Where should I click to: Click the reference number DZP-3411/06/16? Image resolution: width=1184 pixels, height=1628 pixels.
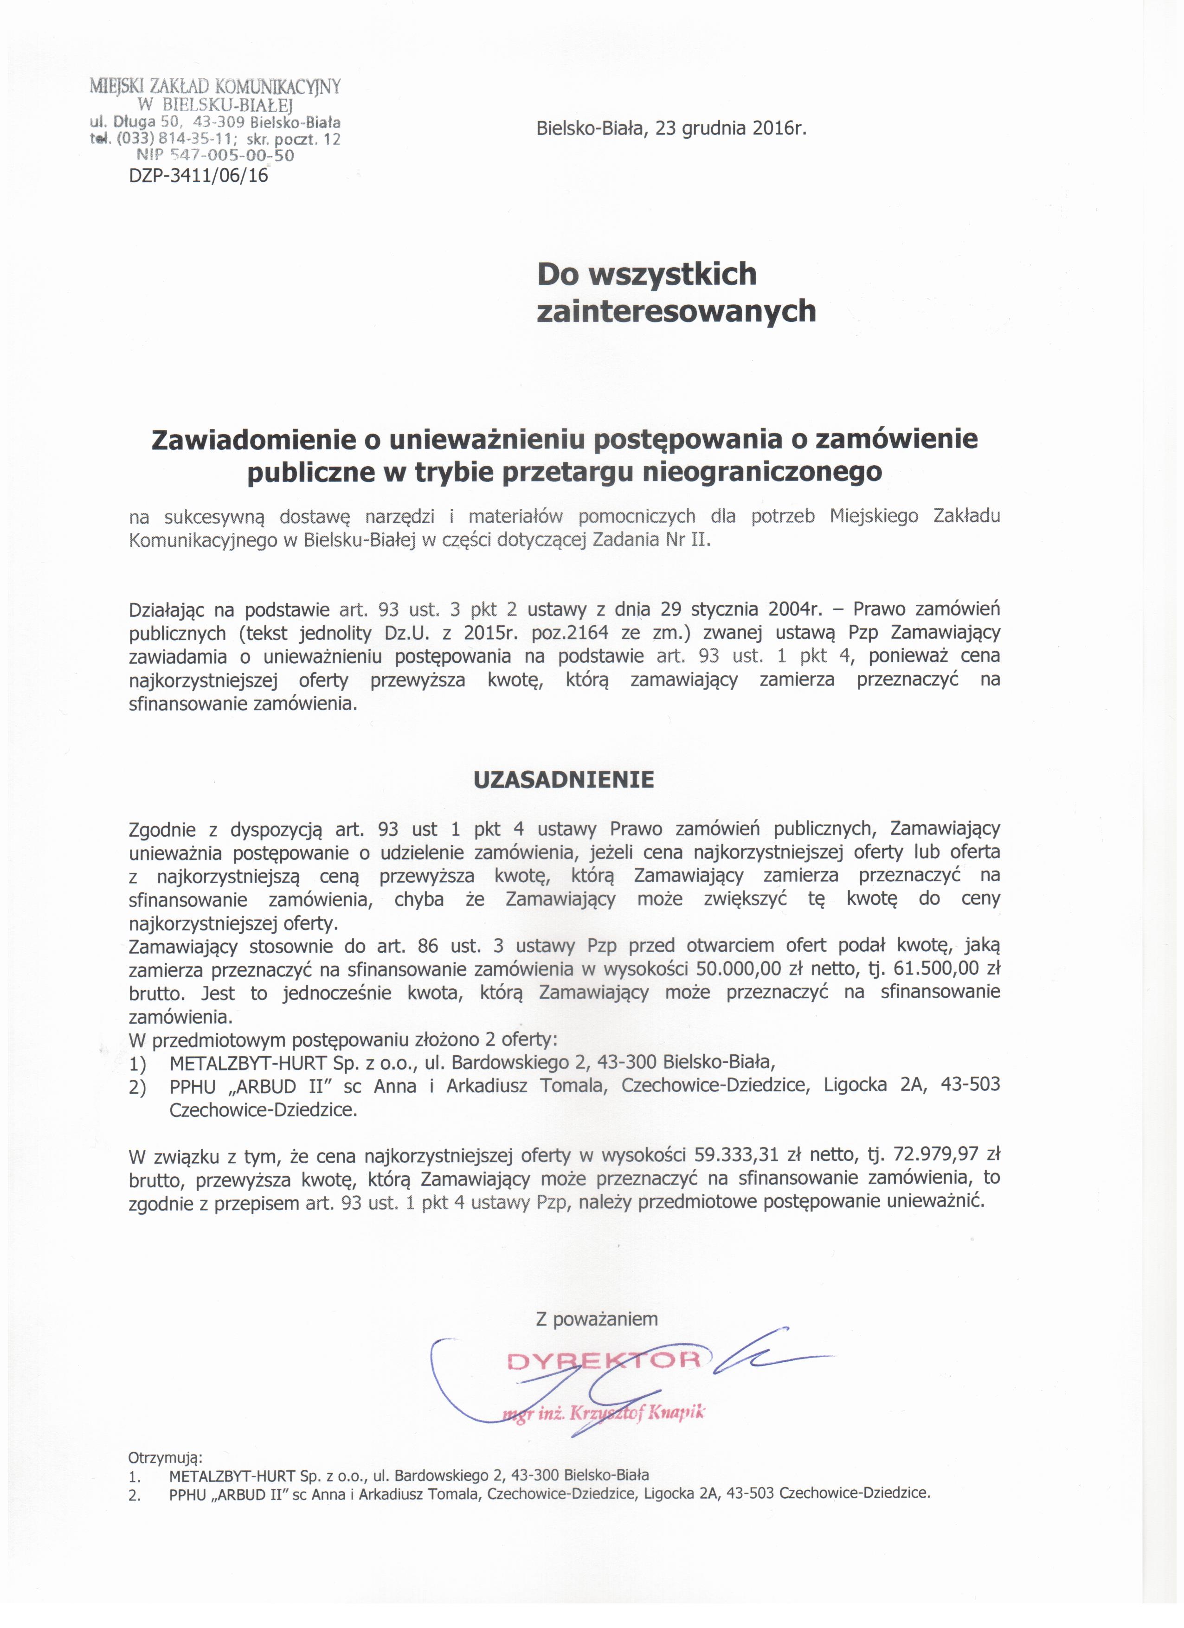click(199, 175)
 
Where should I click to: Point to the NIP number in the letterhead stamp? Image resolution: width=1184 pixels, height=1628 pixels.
click(215, 155)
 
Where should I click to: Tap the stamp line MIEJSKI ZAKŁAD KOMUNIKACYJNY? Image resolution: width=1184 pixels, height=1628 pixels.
click(215, 87)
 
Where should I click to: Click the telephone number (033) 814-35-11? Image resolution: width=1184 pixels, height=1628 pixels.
click(167, 139)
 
